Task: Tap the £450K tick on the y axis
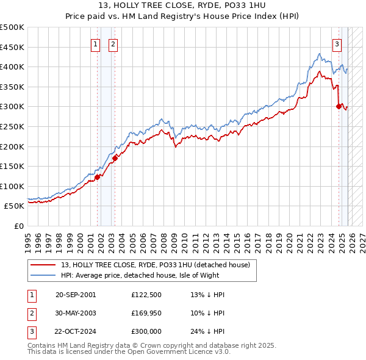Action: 12,47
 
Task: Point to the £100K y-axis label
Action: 12,186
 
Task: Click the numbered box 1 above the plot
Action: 96,43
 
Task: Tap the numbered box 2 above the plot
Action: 113,43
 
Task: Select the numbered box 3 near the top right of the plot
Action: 337,43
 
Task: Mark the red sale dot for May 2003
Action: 114,159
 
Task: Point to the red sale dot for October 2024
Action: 339,107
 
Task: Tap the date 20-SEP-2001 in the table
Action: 76,295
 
